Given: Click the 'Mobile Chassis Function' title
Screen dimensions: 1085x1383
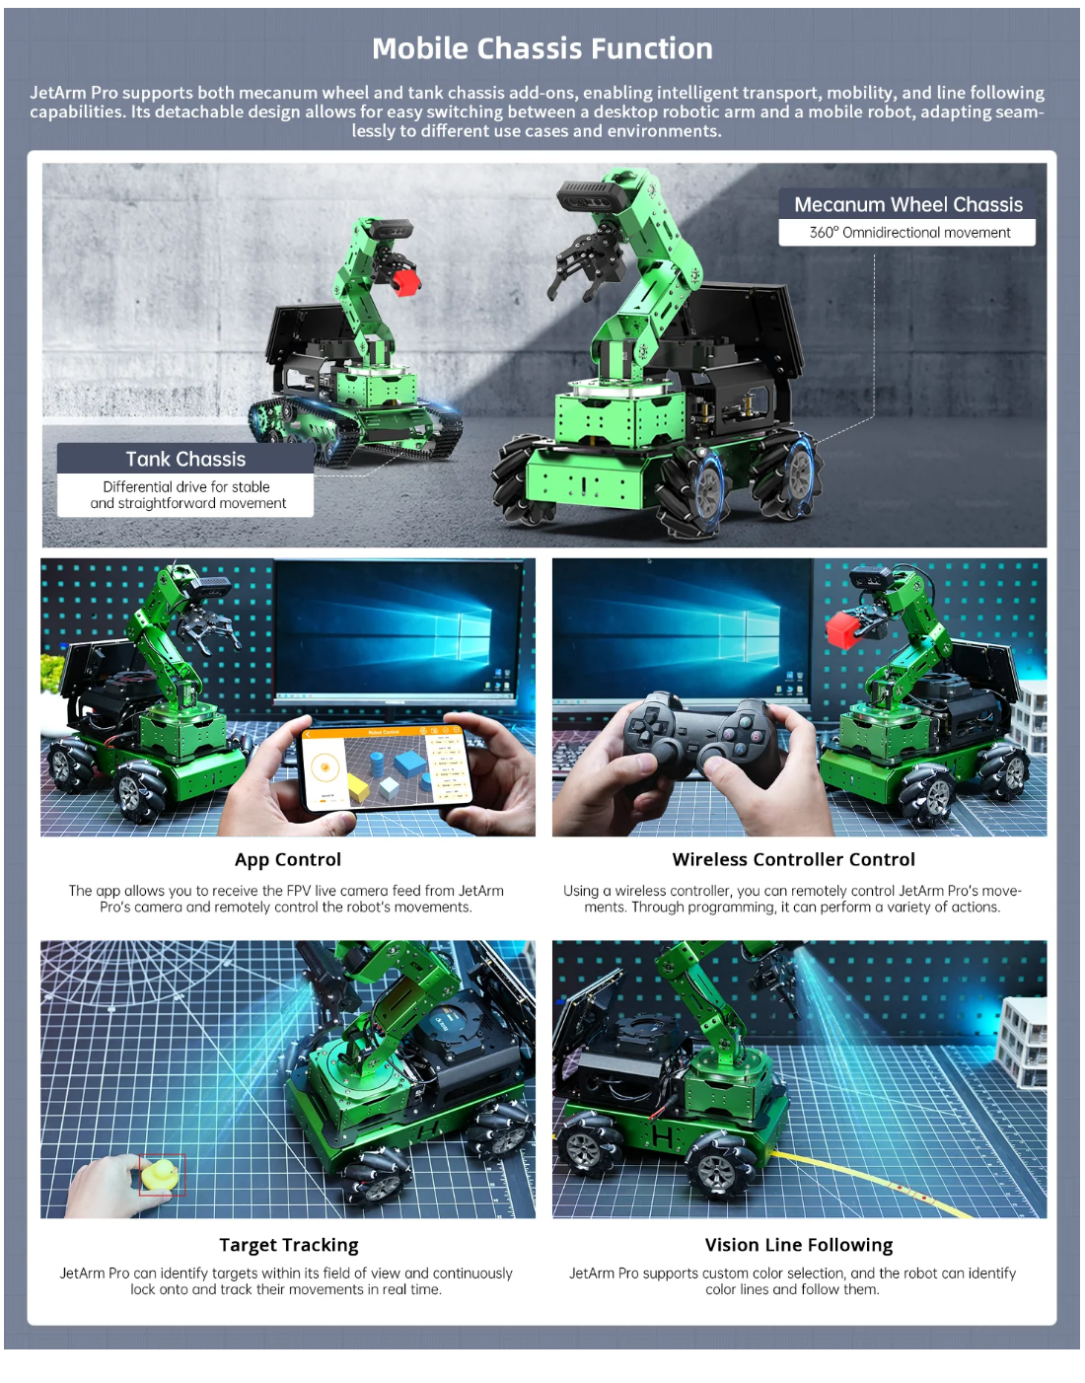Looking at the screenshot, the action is click(542, 48).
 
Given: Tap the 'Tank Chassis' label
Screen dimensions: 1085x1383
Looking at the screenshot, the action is click(185, 459).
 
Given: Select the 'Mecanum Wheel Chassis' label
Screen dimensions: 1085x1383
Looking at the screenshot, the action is click(908, 204).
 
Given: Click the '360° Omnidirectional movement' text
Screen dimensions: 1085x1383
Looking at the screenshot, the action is click(909, 232).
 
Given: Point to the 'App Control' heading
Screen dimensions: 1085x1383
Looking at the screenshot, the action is click(288, 859).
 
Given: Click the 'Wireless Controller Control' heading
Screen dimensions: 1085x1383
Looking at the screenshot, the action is click(794, 859).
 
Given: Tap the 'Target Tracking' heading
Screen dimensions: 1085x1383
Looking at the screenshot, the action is click(289, 1244).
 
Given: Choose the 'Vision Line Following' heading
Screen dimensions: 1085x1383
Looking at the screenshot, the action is click(799, 1244).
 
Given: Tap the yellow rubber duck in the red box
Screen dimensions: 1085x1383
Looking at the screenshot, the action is click(159, 1174).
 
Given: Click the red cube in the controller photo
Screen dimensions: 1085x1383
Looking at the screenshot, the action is click(843, 628).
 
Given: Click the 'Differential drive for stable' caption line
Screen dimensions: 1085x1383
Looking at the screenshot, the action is click(185, 487).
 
